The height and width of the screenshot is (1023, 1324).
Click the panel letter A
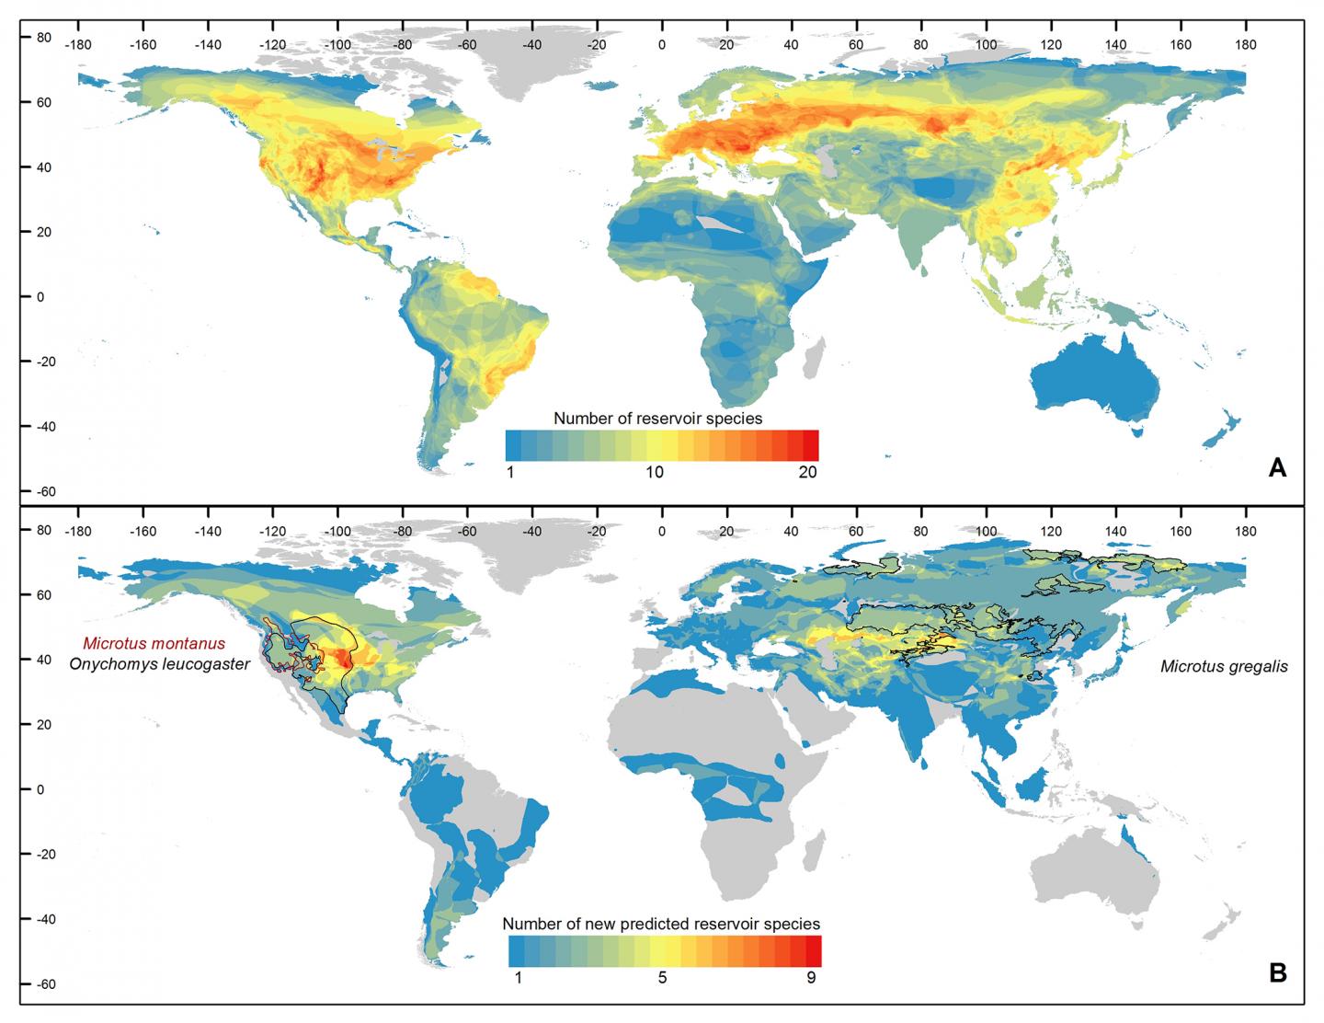(x=1277, y=468)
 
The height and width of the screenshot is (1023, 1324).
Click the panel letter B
(x=1277, y=972)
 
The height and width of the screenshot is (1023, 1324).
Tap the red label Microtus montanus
(x=154, y=643)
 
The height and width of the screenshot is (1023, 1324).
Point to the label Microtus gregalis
(x=1223, y=667)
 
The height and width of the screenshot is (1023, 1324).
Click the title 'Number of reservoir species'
(x=657, y=418)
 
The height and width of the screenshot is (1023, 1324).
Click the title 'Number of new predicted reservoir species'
(x=661, y=923)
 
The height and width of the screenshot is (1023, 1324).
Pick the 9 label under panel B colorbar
(x=811, y=978)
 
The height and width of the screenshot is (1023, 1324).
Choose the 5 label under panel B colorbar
(x=661, y=978)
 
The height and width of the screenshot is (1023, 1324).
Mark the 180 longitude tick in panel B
(x=1245, y=532)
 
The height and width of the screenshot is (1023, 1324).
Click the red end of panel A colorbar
(x=811, y=445)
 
